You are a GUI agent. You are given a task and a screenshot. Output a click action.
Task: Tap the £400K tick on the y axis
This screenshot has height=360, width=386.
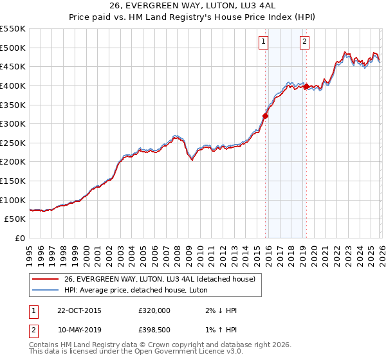13,85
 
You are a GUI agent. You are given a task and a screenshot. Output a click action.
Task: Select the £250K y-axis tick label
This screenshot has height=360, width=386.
13,143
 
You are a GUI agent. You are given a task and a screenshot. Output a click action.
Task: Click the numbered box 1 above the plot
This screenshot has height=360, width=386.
264,42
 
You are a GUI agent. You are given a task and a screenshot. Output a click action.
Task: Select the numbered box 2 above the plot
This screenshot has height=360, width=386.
304,42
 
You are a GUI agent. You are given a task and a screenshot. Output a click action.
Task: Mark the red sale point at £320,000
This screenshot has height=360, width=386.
265,116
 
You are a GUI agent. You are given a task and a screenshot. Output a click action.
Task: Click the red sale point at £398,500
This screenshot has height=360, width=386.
306,86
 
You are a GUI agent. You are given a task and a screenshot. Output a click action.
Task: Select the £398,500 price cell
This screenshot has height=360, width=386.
154,331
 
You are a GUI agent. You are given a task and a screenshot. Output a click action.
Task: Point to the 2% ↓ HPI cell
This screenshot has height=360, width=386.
219,310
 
